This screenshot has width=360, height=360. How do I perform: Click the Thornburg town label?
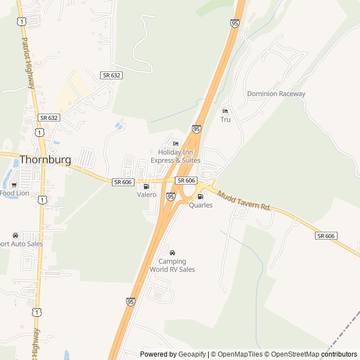(46, 160)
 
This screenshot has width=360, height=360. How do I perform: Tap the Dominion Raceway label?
(276, 94)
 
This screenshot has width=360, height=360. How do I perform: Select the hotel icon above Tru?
(225, 111)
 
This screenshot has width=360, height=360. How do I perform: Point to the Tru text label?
(225, 120)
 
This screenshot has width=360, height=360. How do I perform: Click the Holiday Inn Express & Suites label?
(179, 156)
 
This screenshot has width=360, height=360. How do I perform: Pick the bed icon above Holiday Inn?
(175, 144)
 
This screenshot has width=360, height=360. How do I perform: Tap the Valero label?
(146, 195)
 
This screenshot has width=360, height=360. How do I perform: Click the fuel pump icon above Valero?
(146, 186)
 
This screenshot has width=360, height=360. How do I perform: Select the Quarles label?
(200, 205)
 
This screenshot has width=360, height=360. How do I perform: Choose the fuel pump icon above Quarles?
(200, 196)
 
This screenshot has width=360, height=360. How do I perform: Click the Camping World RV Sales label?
(172, 265)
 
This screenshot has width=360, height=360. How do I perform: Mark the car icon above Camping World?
(172, 253)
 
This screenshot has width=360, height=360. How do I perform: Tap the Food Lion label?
(14, 193)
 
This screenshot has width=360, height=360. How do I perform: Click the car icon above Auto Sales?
(15, 235)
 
